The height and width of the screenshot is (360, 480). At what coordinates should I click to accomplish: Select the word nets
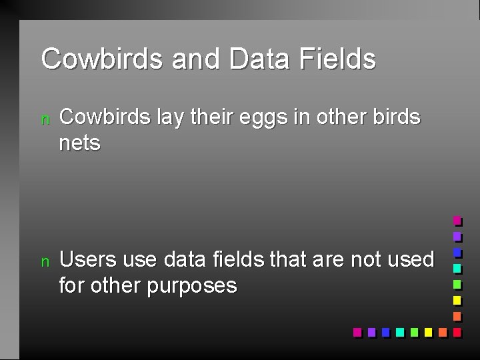point(79,143)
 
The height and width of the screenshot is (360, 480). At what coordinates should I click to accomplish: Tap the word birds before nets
point(397,117)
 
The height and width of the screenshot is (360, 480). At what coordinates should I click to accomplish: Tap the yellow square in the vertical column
point(457,300)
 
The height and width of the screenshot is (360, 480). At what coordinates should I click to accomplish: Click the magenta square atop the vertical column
point(457,220)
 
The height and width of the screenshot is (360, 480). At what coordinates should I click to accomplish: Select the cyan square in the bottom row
point(399,331)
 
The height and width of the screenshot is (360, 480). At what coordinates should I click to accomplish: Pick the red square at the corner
point(457,331)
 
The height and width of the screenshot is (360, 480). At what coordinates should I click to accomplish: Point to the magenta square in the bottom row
point(357,331)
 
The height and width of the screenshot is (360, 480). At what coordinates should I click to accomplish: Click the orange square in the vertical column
point(457,316)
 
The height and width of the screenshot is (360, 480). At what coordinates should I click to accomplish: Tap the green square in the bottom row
point(414,331)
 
